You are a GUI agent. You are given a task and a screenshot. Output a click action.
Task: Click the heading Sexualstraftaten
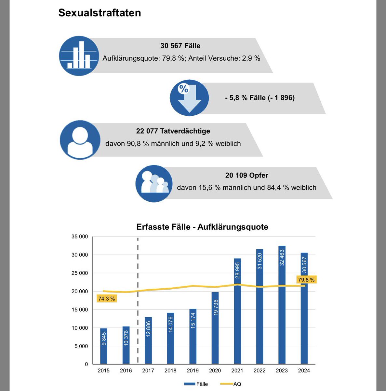click(100, 13)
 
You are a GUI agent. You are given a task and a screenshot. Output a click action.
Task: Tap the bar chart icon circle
click(79, 56)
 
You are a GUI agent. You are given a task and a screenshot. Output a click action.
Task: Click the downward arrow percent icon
click(189, 98)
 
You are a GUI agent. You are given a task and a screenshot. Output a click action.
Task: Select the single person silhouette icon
click(80, 140)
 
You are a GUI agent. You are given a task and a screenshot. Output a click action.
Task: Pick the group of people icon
click(154, 183)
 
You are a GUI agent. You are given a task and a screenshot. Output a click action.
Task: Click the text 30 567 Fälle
click(180, 46)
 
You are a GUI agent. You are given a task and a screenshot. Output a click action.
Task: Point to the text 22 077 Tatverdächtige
click(173, 131)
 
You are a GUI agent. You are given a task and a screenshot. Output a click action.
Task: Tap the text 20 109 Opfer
click(246, 175)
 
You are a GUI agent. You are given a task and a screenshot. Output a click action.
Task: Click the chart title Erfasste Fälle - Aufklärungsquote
click(202, 227)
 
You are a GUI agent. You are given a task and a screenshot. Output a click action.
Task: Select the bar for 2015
click(104, 346)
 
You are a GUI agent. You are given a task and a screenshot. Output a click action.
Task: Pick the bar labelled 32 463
click(282, 305)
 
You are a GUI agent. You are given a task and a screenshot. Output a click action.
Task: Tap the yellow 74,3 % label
click(106, 298)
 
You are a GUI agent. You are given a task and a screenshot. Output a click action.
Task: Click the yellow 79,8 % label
click(306, 280)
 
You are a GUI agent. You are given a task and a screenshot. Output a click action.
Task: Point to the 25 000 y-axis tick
click(79, 273)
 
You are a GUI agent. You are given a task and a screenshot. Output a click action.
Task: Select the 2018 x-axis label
click(170, 370)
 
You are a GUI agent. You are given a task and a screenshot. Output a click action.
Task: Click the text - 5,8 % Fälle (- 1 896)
click(260, 98)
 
